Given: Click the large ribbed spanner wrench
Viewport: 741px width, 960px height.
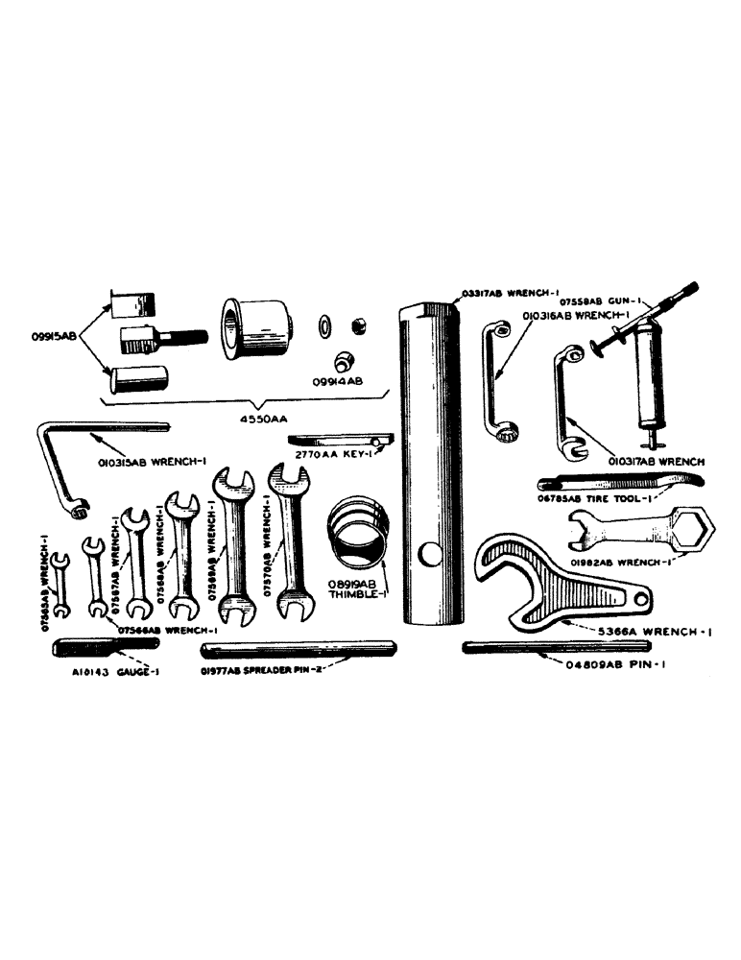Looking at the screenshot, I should pos(538,586).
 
